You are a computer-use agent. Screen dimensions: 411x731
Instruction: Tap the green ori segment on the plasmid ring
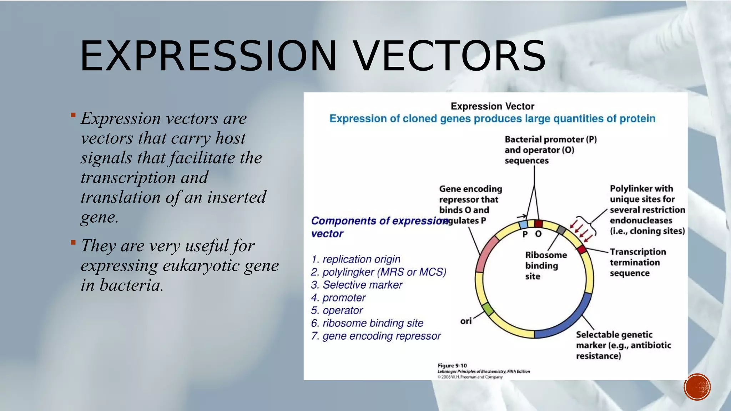coord(488,309)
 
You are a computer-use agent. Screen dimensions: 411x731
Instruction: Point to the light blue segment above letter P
coord(523,224)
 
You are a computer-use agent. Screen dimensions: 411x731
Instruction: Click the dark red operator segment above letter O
coord(538,224)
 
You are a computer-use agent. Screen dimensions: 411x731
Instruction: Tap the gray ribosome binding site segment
coord(561,230)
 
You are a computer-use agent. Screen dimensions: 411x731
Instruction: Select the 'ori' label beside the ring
coord(466,321)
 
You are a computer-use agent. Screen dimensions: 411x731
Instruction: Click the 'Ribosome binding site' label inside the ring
coord(545,265)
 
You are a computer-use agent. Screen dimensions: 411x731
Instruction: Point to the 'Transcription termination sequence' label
coord(637,262)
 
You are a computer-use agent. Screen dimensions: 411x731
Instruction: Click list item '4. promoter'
coord(338,298)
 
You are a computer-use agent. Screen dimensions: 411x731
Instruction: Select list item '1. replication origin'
coord(356,259)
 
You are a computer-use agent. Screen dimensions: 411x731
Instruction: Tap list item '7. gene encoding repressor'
coord(376,336)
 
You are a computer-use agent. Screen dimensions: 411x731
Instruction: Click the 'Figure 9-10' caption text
coord(452,366)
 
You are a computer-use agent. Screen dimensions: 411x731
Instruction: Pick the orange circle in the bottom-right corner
coord(697,387)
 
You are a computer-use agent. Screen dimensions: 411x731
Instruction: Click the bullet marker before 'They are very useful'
coord(73,243)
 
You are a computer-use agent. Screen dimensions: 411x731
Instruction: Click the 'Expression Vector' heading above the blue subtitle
coord(492,106)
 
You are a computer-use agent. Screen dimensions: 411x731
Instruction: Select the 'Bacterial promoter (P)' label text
coord(550,139)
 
